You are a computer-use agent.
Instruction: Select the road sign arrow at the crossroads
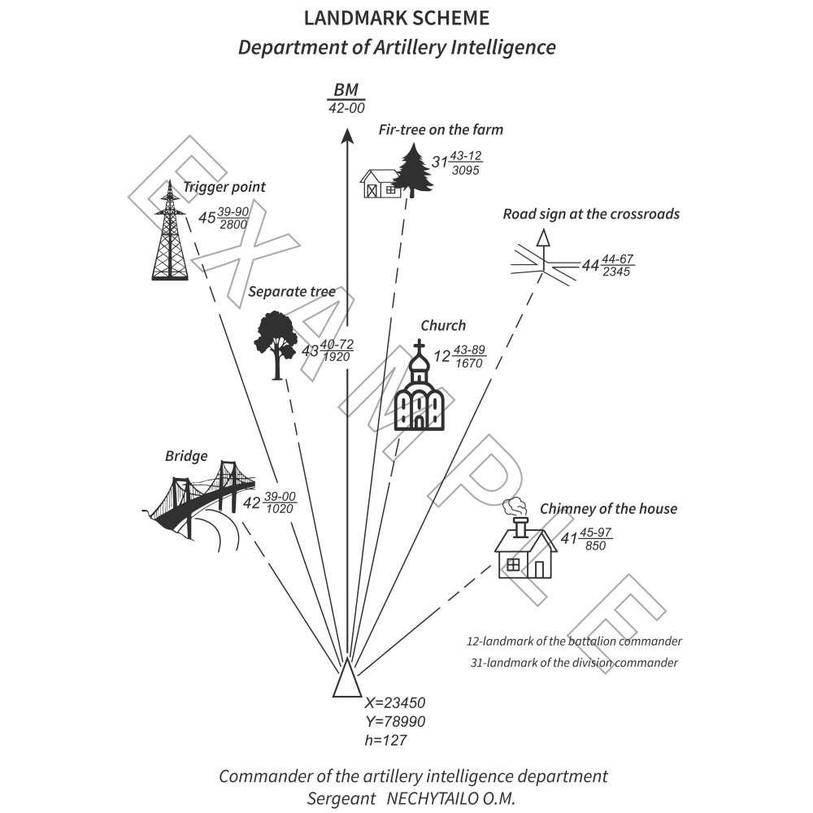click(x=542, y=237)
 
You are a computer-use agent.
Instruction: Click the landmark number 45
click(x=207, y=218)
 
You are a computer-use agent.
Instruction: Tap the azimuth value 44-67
click(x=618, y=259)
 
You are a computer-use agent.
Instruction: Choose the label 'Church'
click(x=443, y=325)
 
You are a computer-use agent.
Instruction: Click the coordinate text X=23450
click(x=395, y=703)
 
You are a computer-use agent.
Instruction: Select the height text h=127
click(x=385, y=740)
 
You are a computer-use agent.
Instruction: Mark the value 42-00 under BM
click(x=346, y=107)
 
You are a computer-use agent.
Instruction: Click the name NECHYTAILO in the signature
click(x=439, y=798)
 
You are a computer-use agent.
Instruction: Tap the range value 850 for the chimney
click(x=596, y=546)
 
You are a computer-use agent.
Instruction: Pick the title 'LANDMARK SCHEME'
click(x=397, y=18)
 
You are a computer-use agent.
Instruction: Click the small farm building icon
click(x=380, y=183)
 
